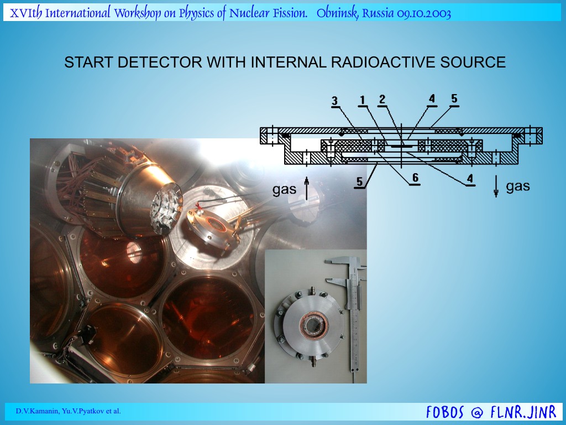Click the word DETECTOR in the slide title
pos(160,62)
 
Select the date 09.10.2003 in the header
pos(424,14)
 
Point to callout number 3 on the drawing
pos(335,101)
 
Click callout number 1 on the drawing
pos(363,100)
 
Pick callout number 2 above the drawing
pos(382,100)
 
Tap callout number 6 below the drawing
pos(415,178)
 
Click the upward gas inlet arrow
pos(307,188)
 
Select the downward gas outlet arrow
pos(496,186)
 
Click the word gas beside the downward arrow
pos(517,186)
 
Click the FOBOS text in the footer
pos(445,412)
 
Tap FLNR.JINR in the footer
pos(523,412)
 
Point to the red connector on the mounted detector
pos(198,207)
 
